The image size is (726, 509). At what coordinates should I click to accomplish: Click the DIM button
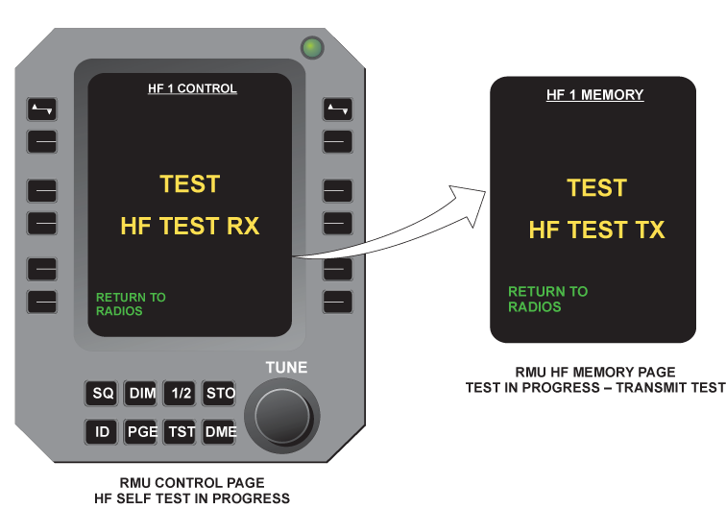pos(141,393)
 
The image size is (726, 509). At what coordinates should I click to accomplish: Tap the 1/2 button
pos(181,393)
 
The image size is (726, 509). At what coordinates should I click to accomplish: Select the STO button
pos(220,393)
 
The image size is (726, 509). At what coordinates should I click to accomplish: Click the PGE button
pos(141,431)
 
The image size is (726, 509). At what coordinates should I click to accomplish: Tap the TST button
pos(181,431)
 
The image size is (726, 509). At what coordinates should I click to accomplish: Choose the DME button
pos(220,431)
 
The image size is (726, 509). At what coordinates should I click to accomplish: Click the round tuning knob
pos(282,416)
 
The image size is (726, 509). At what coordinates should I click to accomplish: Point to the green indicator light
pos(312,47)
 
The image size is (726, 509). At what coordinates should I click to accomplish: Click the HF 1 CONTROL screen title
pos(192,88)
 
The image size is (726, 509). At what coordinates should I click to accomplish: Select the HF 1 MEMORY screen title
pos(595,95)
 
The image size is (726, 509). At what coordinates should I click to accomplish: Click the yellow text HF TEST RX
pos(190,226)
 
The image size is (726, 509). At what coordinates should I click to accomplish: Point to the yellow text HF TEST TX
pos(596,230)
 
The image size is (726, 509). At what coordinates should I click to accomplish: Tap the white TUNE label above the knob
pos(286,367)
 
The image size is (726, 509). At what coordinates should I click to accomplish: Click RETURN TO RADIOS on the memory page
pos(547,300)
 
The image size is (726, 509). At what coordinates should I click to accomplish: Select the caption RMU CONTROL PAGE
pos(192,483)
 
